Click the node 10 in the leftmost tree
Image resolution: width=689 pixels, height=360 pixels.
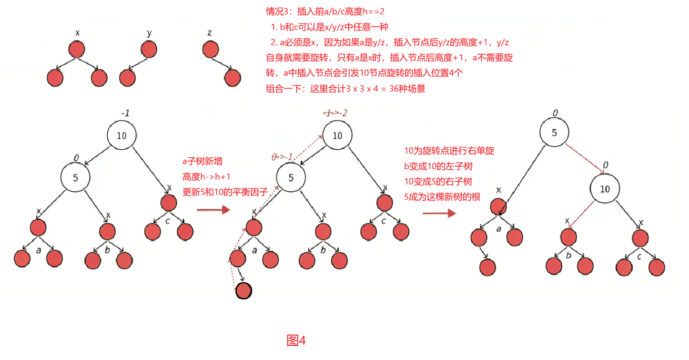(122, 135)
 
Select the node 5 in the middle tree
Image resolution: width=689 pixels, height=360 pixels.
(292, 178)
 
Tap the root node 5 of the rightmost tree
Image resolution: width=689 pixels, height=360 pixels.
(554, 133)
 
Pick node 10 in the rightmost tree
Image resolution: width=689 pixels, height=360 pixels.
(605, 189)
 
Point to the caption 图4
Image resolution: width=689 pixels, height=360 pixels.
(296, 340)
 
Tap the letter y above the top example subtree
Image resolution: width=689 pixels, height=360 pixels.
(149, 33)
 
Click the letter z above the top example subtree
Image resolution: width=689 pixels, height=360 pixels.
(210, 33)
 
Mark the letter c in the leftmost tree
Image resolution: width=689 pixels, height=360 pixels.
(168, 221)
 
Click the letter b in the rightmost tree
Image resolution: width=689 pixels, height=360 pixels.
(568, 255)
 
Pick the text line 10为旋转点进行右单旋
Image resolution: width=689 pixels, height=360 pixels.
(449, 151)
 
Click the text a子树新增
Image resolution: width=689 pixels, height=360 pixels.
(203, 162)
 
